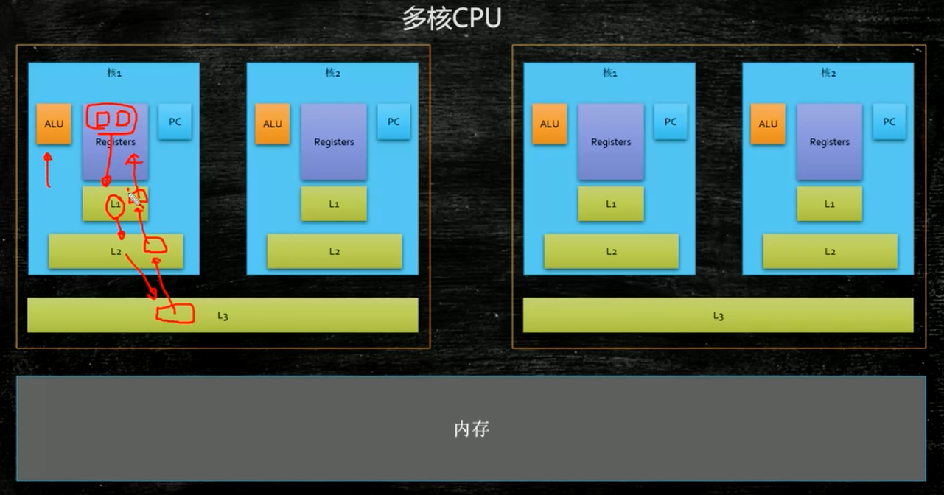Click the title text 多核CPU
tap(451, 18)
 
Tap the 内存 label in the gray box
tap(472, 429)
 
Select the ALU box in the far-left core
tap(54, 124)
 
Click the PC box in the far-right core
tap(889, 122)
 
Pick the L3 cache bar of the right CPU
tap(718, 315)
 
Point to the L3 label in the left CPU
tap(223, 316)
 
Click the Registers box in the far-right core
tap(829, 142)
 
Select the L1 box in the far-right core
tap(829, 204)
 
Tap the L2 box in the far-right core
tap(830, 251)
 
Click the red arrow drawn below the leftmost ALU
tap(49, 169)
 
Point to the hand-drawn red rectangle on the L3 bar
tap(175, 314)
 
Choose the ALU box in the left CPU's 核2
tap(273, 124)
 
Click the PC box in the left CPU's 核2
tap(394, 122)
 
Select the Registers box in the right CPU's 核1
tap(611, 142)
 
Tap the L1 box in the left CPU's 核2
tap(334, 204)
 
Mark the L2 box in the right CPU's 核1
tap(611, 251)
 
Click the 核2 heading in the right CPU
tap(828, 73)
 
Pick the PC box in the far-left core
tap(175, 122)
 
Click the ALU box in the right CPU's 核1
tap(550, 124)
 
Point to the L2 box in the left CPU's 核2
tap(335, 251)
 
